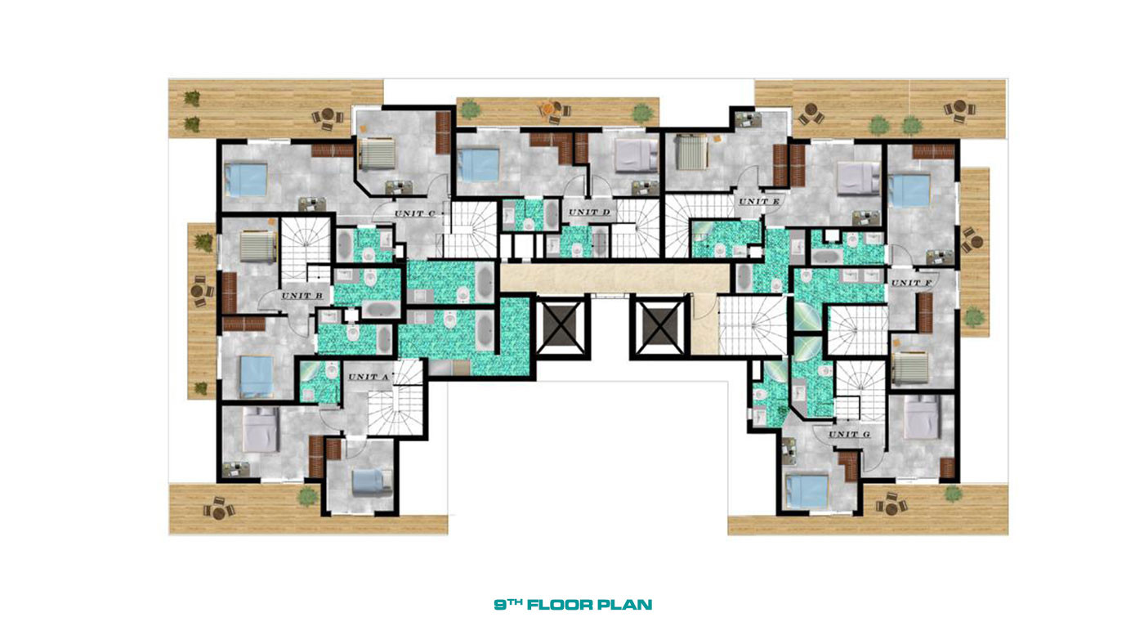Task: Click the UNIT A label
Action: coord(369,377)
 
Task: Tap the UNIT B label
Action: coord(302,296)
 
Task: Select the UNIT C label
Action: coord(415,213)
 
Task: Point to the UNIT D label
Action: coord(589,212)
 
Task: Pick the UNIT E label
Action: coord(759,201)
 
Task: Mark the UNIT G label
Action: coord(849,434)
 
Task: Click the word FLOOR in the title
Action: coord(560,606)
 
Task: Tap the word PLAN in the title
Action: coord(625,606)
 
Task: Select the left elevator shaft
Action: coord(561,328)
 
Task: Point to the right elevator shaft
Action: coord(659,328)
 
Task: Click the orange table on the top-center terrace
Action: coord(548,108)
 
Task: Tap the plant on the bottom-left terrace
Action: coord(307,496)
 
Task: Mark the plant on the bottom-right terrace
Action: coord(953,494)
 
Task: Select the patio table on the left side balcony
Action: coord(198,291)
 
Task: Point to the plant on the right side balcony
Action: coord(974,316)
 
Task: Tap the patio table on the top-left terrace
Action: coord(328,115)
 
